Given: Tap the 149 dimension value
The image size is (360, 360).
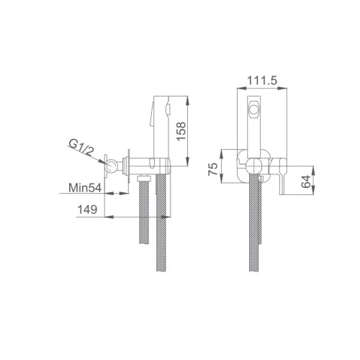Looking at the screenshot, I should pyautogui.click(x=87, y=210).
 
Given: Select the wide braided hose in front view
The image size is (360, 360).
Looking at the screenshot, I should pyautogui.click(x=256, y=230).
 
